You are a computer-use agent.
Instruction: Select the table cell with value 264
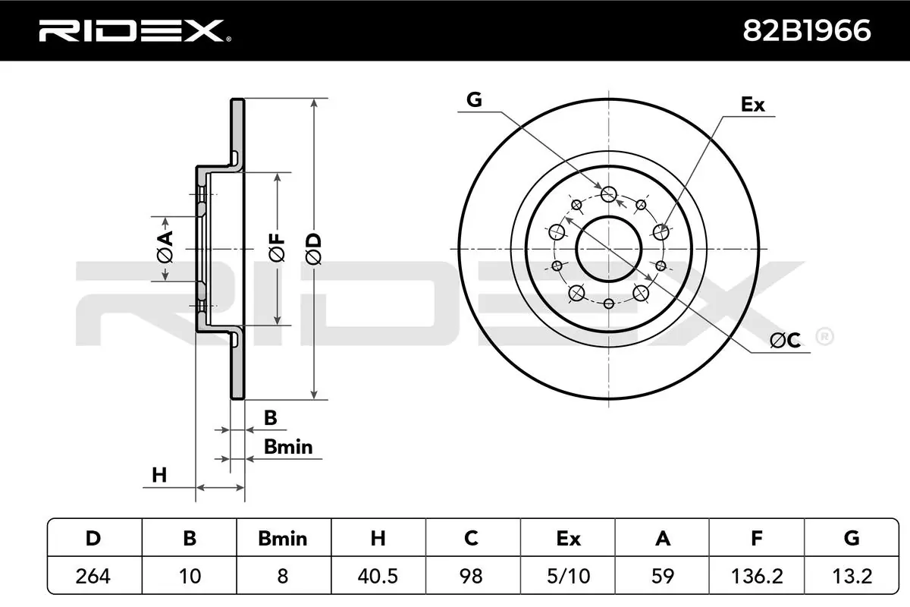point(94,577)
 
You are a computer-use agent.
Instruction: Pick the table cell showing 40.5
point(378,577)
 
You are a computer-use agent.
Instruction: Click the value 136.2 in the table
point(756,577)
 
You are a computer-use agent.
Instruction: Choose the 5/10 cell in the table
point(567,577)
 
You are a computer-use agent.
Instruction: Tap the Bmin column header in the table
point(283,539)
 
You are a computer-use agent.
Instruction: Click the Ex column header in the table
point(567,539)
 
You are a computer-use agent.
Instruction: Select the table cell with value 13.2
point(851,577)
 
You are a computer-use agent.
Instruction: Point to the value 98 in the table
point(472,577)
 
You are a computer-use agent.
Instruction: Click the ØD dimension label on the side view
point(314,248)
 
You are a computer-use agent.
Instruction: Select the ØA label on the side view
point(165,248)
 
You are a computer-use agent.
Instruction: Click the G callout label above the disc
point(474,100)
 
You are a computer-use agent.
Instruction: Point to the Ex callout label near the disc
point(752,105)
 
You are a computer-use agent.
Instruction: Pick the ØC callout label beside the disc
point(785,341)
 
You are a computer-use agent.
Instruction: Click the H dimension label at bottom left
point(158,476)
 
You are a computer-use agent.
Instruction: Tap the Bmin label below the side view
point(288,447)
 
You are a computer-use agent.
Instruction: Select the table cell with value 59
point(662,577)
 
